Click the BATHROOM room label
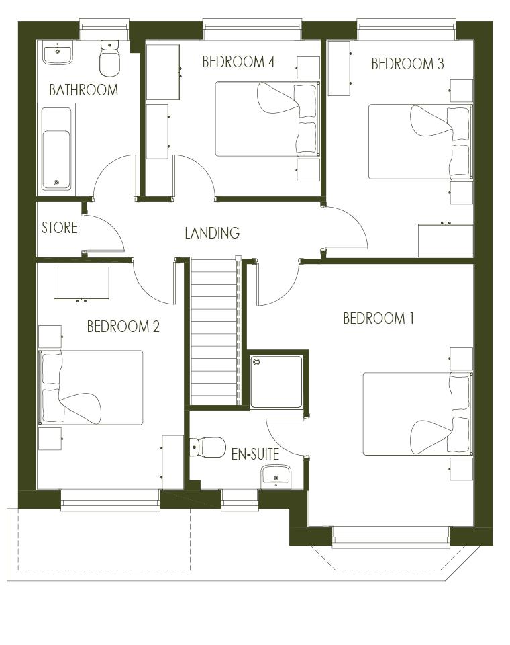83,89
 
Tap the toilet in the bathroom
109,58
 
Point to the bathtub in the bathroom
56,149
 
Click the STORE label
59,228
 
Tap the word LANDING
212,233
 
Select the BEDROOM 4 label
238,62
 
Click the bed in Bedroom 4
267,119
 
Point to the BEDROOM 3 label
407,64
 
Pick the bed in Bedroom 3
420,142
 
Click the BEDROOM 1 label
378,318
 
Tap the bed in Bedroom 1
417,414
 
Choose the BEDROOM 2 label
123,327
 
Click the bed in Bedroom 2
91,388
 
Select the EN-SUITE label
255,454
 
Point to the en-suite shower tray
276,382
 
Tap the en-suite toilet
207,447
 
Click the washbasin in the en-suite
276,476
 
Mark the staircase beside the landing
215,331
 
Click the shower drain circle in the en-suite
257,362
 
